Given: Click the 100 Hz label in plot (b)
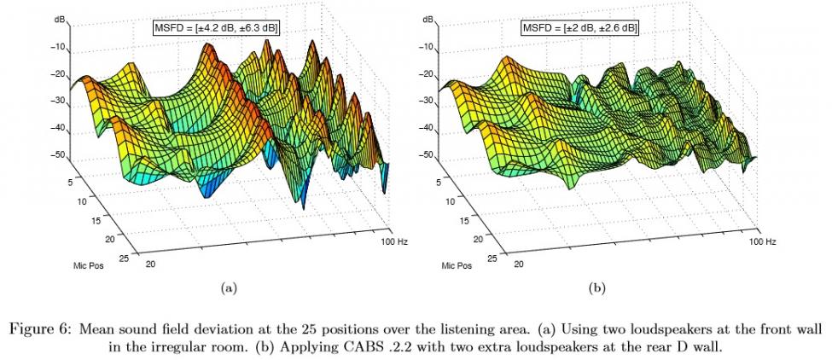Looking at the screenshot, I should pyautogui.click(x=763, y=243).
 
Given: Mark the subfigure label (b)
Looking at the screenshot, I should pyautogui.click(x=596, y=289).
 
